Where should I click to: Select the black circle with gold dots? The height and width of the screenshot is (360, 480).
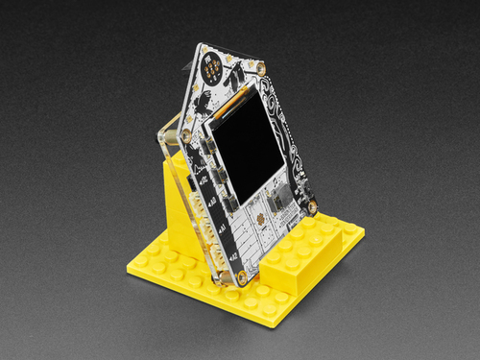[211, 66]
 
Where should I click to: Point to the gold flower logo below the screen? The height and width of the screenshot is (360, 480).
[262, 221]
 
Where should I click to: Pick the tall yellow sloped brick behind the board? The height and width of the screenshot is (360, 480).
[182, 206]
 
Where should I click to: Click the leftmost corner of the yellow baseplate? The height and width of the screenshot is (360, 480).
[128, 272]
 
